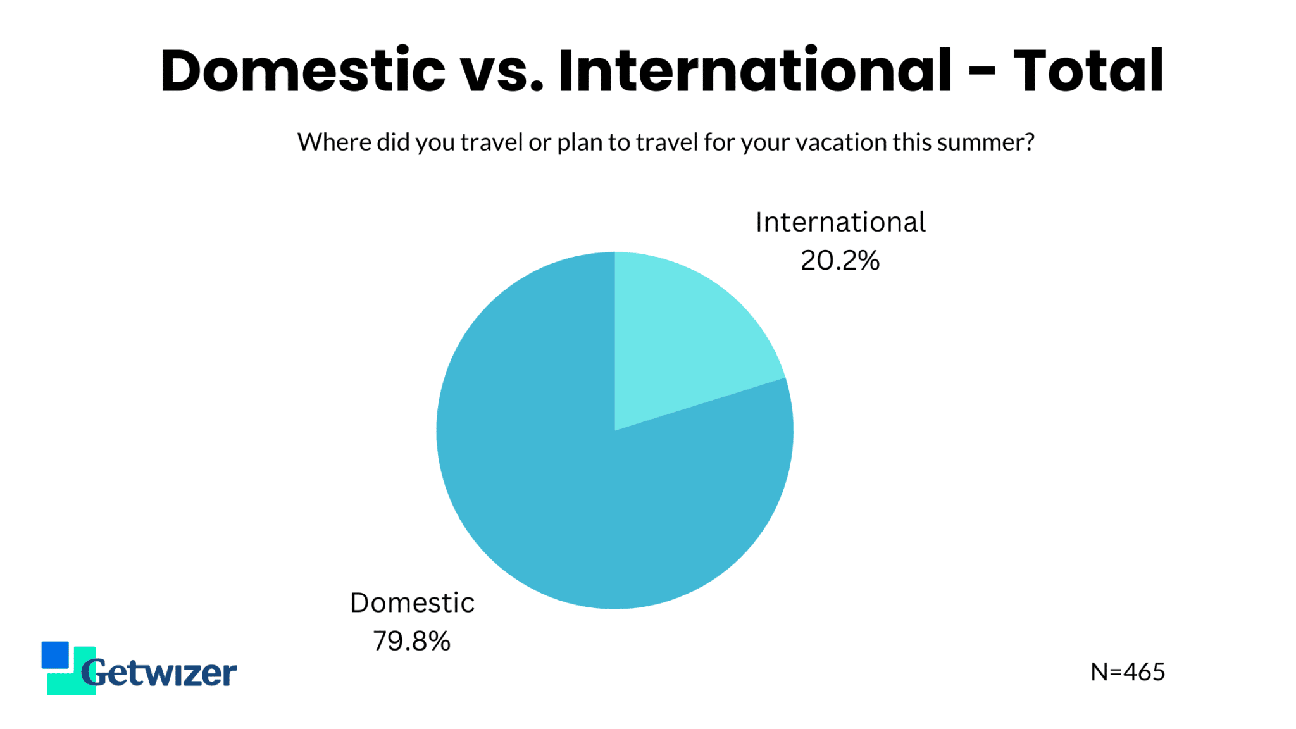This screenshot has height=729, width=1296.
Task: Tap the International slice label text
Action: pyautogui.click(x=840, y=222)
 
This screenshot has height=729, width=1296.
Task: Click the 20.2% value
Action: pyautogui.click(x=840, y=260)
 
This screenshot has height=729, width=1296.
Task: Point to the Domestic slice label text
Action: pyautogui.click(x=412, y=602)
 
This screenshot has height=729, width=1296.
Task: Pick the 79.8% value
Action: pyautogui.click(x=411, y=641)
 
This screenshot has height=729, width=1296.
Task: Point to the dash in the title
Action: pyautogui.click(x=982, y=73)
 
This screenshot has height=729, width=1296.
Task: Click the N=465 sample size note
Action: pyautogui.click(x=1128, y=672)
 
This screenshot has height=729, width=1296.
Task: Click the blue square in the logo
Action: pyautogui.click(x=55, y=655)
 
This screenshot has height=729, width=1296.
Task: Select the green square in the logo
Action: pyautogui.click(x=72, y=677)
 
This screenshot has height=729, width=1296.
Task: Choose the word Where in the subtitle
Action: pyautogui.click(x=334, y=142)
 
